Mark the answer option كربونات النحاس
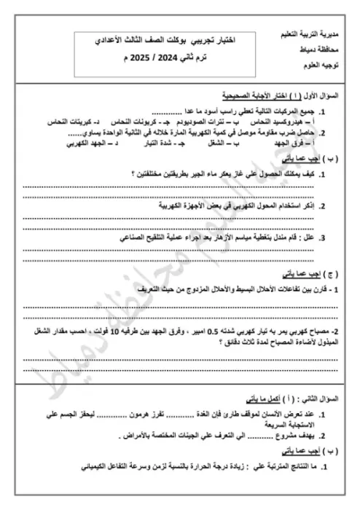(131, 122)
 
